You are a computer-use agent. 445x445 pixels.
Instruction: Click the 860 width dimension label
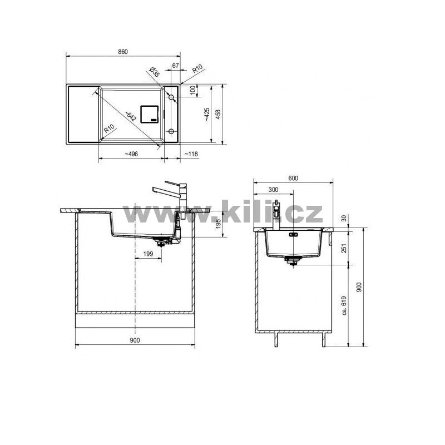click(123, 52)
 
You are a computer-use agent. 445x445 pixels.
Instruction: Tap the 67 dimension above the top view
click(175, 66)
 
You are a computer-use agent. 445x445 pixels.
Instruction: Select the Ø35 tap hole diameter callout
click(155, 72)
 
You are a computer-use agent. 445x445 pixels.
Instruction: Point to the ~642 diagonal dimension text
click(131, 116)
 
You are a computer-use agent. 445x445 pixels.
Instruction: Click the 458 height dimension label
click(218, 114)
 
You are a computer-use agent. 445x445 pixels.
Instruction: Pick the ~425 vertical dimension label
click(207, 115)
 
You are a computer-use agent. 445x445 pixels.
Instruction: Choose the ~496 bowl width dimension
click(131, 154)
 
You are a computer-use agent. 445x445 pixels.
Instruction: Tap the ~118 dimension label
click(191, 154)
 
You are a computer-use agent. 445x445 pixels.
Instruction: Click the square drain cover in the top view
click(149, 114)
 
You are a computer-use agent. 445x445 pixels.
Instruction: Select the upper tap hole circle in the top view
click(171, 97)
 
